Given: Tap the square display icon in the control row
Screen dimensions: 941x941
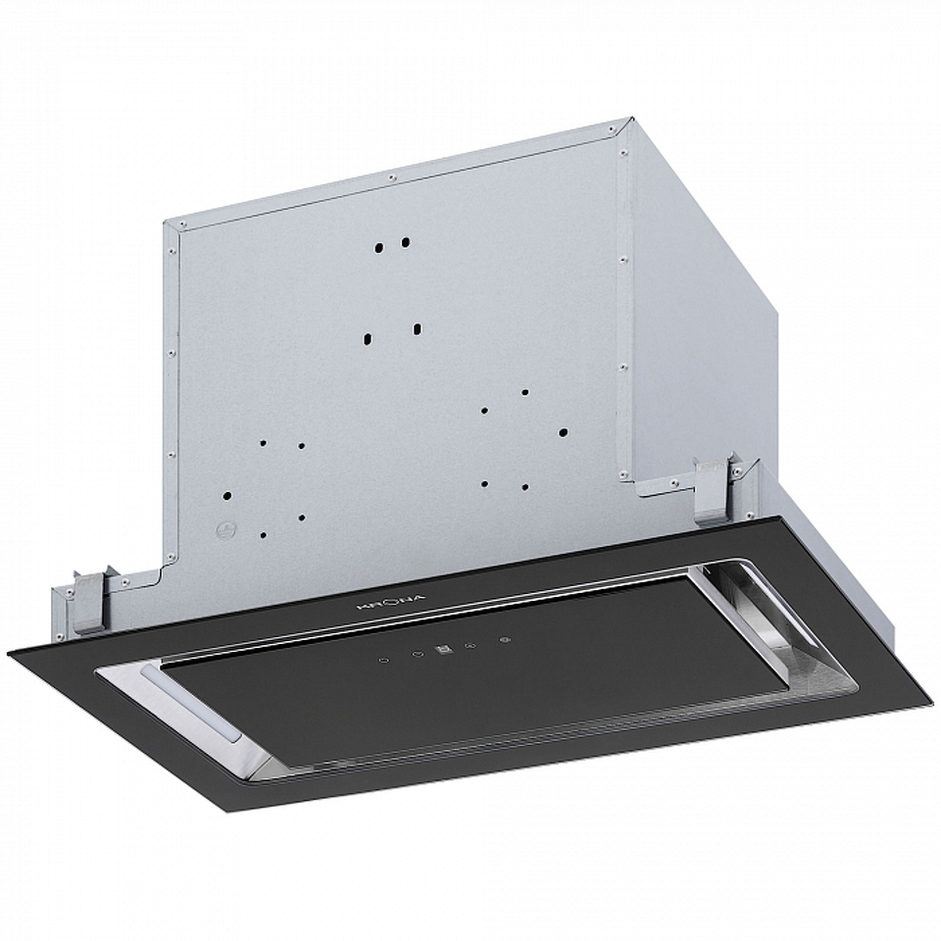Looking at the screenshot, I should (444, 647).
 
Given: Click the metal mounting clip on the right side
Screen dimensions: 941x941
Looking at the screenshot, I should (717, 488).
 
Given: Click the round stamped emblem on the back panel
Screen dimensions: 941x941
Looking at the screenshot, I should (226, 529).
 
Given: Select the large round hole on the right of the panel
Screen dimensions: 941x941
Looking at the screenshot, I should (563, 429).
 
